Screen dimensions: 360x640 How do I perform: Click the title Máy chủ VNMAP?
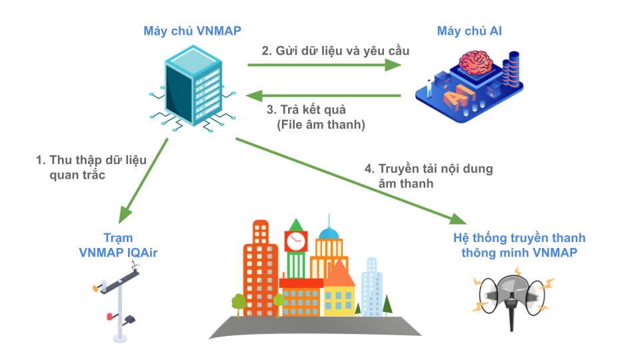(192, 31)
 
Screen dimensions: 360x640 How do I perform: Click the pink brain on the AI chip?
(475, 63)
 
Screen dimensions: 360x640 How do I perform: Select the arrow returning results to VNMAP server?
(323, 95)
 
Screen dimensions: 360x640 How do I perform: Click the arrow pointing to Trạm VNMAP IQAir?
(144, 180)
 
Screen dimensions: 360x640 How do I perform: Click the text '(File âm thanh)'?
(321, 124)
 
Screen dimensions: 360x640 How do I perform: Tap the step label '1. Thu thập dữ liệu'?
(91, 161)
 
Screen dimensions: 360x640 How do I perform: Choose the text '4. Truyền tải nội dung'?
(429, 169)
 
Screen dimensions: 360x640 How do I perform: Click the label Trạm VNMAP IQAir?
(118, 245)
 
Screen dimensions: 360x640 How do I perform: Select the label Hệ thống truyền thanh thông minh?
(519, 245)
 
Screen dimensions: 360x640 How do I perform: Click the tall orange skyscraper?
(261, 267)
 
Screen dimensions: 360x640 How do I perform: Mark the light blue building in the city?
(371, 287)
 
